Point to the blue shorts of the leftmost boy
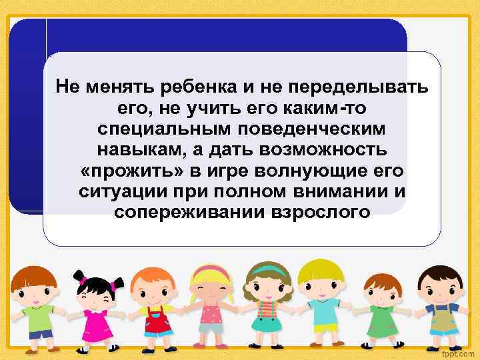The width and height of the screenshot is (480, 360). (x=40, y=333)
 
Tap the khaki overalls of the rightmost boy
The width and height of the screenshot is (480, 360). (x=440, y=321)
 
